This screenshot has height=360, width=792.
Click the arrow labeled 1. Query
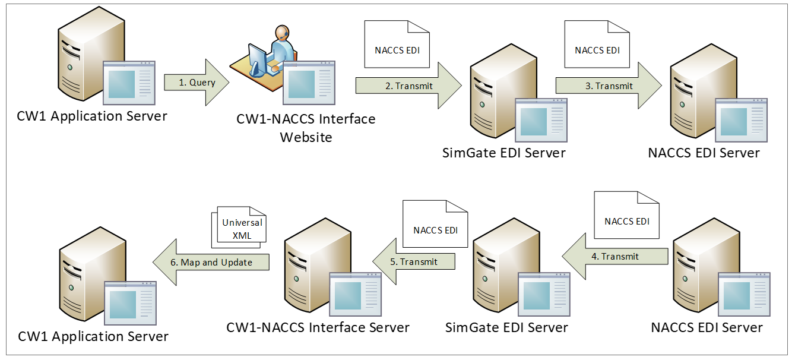click(197, 83)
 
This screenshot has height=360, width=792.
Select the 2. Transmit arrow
click(408, 86)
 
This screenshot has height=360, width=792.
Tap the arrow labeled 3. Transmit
click(609, 86)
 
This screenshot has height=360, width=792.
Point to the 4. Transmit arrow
click(615, 257)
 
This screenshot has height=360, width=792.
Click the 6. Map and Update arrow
click(211, 262)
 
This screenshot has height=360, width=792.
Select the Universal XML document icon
click(239, 225)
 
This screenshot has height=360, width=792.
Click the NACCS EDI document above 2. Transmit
click(397, 45)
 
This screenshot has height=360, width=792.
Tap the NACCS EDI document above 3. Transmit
click(597, 45)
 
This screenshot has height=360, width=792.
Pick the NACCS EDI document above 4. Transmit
click(627, 216)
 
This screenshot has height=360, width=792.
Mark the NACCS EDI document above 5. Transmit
click(435, 224)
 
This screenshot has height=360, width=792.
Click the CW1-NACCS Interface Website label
click(306, 128)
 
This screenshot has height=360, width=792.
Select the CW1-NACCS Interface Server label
click(318, 327)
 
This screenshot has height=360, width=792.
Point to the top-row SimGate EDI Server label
click(504, 153)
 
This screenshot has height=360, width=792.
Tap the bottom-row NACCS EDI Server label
click(707, 327)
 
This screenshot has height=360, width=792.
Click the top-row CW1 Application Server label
click(92, 116)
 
